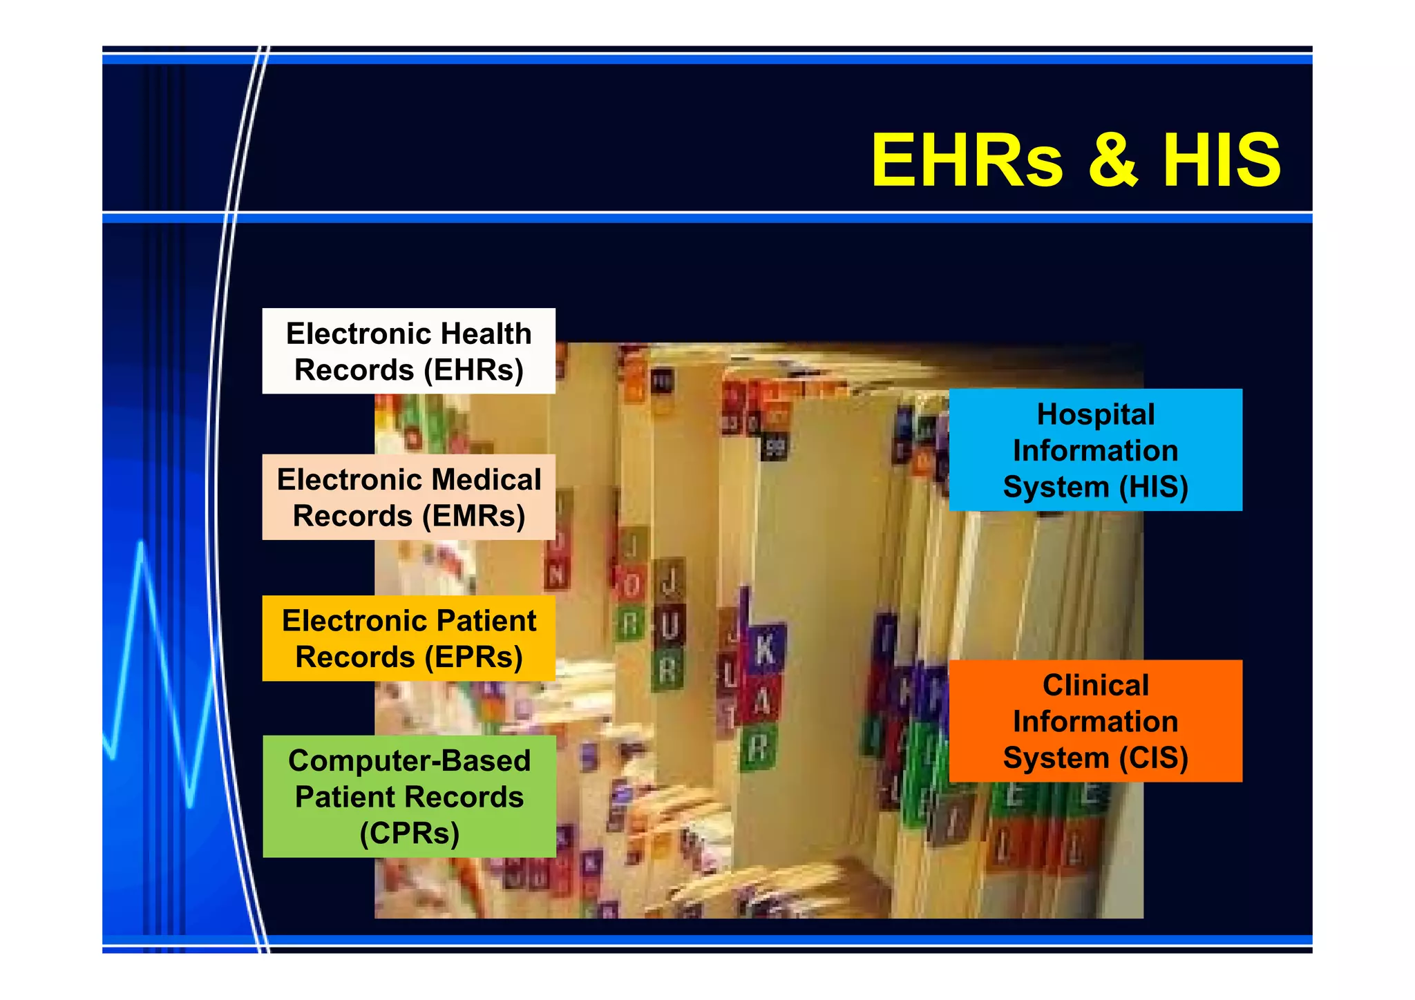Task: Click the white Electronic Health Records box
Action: coord(408,351)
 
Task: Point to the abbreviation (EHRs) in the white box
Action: coord(473,370)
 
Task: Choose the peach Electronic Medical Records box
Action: coord(408,497)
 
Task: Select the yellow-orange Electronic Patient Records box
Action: coord(408,638)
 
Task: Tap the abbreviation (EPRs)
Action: coord(473,657)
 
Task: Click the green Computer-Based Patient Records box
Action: coord(408,796)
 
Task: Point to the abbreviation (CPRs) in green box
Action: coord(409,833)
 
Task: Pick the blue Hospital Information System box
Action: coord(1095,450)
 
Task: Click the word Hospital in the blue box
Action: coord(1095,414)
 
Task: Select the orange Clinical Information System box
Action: coord(1095,721)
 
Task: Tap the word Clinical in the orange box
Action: coord(1095,686)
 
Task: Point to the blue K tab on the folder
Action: coord(766,650)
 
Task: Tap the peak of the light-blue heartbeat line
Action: coord(142,544)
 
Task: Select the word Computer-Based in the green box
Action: coord(409,761)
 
